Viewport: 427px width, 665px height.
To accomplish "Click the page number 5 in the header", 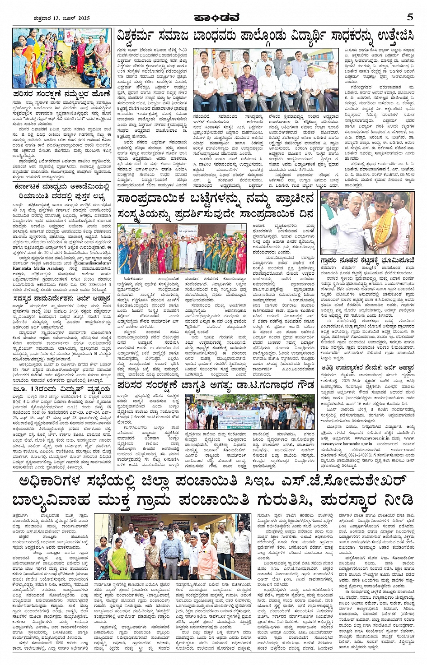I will (409, 17).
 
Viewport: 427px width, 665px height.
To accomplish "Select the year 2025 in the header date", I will (82, 18).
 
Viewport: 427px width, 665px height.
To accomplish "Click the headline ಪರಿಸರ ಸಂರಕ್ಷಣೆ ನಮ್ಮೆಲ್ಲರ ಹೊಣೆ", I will (61, 94).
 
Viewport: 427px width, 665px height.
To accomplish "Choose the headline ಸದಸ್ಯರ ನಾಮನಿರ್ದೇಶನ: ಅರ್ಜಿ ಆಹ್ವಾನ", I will (56, 298).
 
